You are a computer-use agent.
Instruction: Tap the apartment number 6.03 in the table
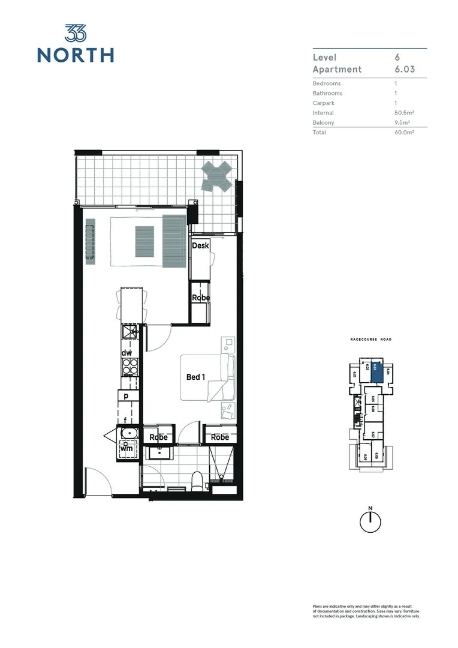point(405,70)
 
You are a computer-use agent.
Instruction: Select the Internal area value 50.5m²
point(405,113)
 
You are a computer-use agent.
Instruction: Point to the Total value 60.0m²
point(405,133)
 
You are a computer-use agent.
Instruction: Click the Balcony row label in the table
point(324,122)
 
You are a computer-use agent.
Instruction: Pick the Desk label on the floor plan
point(200,246)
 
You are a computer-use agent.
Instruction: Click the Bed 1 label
point(196,377)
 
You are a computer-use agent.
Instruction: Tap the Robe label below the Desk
point(200,298)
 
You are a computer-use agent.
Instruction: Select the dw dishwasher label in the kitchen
point(127,353)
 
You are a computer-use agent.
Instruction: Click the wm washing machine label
point(126,448)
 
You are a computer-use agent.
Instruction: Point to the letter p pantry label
point(126,396)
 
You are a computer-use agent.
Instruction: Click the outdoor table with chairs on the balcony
point(216,175)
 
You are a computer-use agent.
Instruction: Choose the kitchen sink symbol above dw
point(130,331)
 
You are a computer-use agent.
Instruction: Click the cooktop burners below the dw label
point(130,367)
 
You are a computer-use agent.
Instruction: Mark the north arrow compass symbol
point(370,521)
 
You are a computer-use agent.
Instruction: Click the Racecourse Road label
point(370,340)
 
